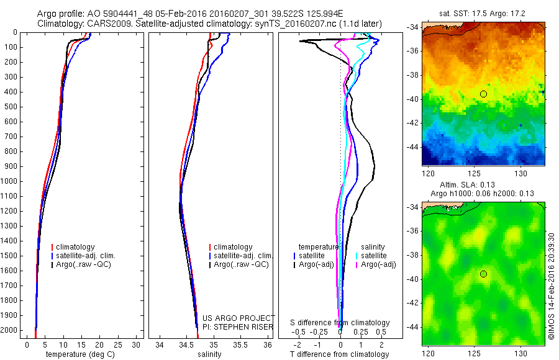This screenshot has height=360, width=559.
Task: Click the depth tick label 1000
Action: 11,181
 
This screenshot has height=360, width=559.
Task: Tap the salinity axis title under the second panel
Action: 209,354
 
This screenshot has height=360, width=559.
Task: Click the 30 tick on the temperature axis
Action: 137,344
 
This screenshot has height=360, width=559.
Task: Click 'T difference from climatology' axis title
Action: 339,354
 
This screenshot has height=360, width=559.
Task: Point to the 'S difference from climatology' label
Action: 340,323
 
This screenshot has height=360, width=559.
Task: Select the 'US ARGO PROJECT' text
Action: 239,318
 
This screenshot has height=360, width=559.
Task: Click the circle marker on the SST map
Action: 483,94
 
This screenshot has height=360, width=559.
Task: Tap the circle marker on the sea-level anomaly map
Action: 483,274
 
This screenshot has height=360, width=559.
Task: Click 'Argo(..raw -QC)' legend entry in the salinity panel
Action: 241,264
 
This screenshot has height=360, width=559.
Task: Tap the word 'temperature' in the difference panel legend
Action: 319,246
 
